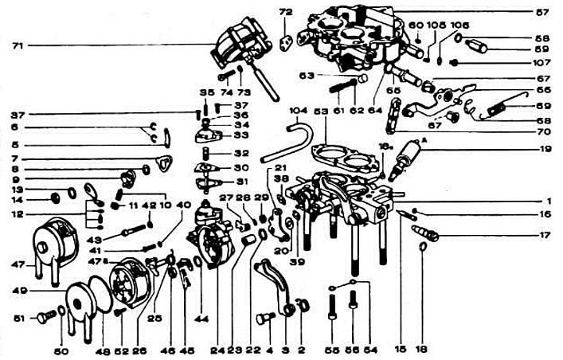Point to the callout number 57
tap(542, 13)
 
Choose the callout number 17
tap(543, 235)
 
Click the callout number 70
tap(544, 131)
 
